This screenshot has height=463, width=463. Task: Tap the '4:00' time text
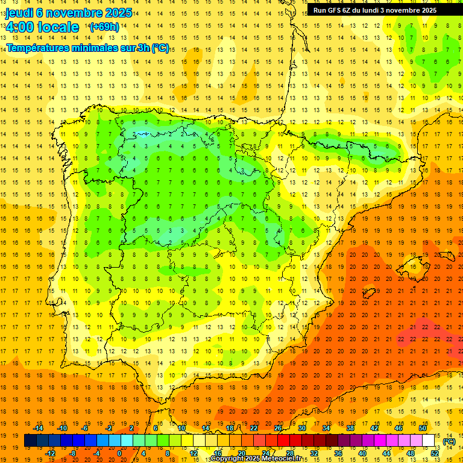pyautogui.click(x=19, y=27)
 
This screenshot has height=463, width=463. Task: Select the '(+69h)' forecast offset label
pyautogui.click(x=104, y=27)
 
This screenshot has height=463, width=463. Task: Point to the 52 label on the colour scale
pyautogui.click(x=434, y=453)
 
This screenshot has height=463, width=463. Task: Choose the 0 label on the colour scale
pyautogui.click(x=119, y=453)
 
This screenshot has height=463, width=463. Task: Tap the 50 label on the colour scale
pyautogui.click(x=422, y=428)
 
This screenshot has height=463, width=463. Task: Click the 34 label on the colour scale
pyautogui.click(x=326, y=428)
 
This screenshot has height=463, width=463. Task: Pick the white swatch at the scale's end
pyautogui.click(x=429, y=441)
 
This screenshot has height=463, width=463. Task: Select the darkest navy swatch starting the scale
pyautogui.click(x=30, y=441)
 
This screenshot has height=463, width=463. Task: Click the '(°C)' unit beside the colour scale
pyautogui.click(x=449, y=441)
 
